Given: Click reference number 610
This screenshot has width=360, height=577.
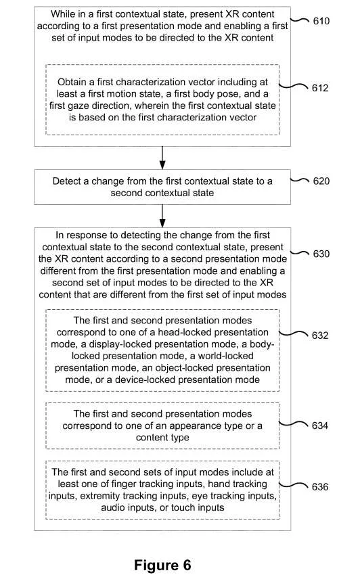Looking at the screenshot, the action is coord(321,21).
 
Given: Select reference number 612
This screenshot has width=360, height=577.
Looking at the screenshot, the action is coord(320,88).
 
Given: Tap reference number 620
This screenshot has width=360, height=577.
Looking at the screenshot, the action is coord(321,181).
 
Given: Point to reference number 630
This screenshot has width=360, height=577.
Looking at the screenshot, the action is coord(321,254).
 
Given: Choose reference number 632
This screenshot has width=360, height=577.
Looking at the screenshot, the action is coord(320,336).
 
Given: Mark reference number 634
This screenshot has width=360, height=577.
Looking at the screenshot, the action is coord(320,425).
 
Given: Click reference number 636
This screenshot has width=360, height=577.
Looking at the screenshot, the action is coord(320,487).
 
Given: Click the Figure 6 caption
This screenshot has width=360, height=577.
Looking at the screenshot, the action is coord(162,565).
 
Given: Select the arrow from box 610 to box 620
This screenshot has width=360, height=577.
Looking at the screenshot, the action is coord(162,158).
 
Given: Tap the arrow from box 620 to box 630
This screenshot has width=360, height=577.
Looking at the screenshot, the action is coord(162,216).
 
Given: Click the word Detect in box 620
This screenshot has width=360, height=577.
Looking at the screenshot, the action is coord(65,181).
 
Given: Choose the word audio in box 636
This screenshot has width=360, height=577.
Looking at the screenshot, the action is coord(112,508).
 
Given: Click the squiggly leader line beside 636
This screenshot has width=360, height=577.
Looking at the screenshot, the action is coord(294,486).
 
